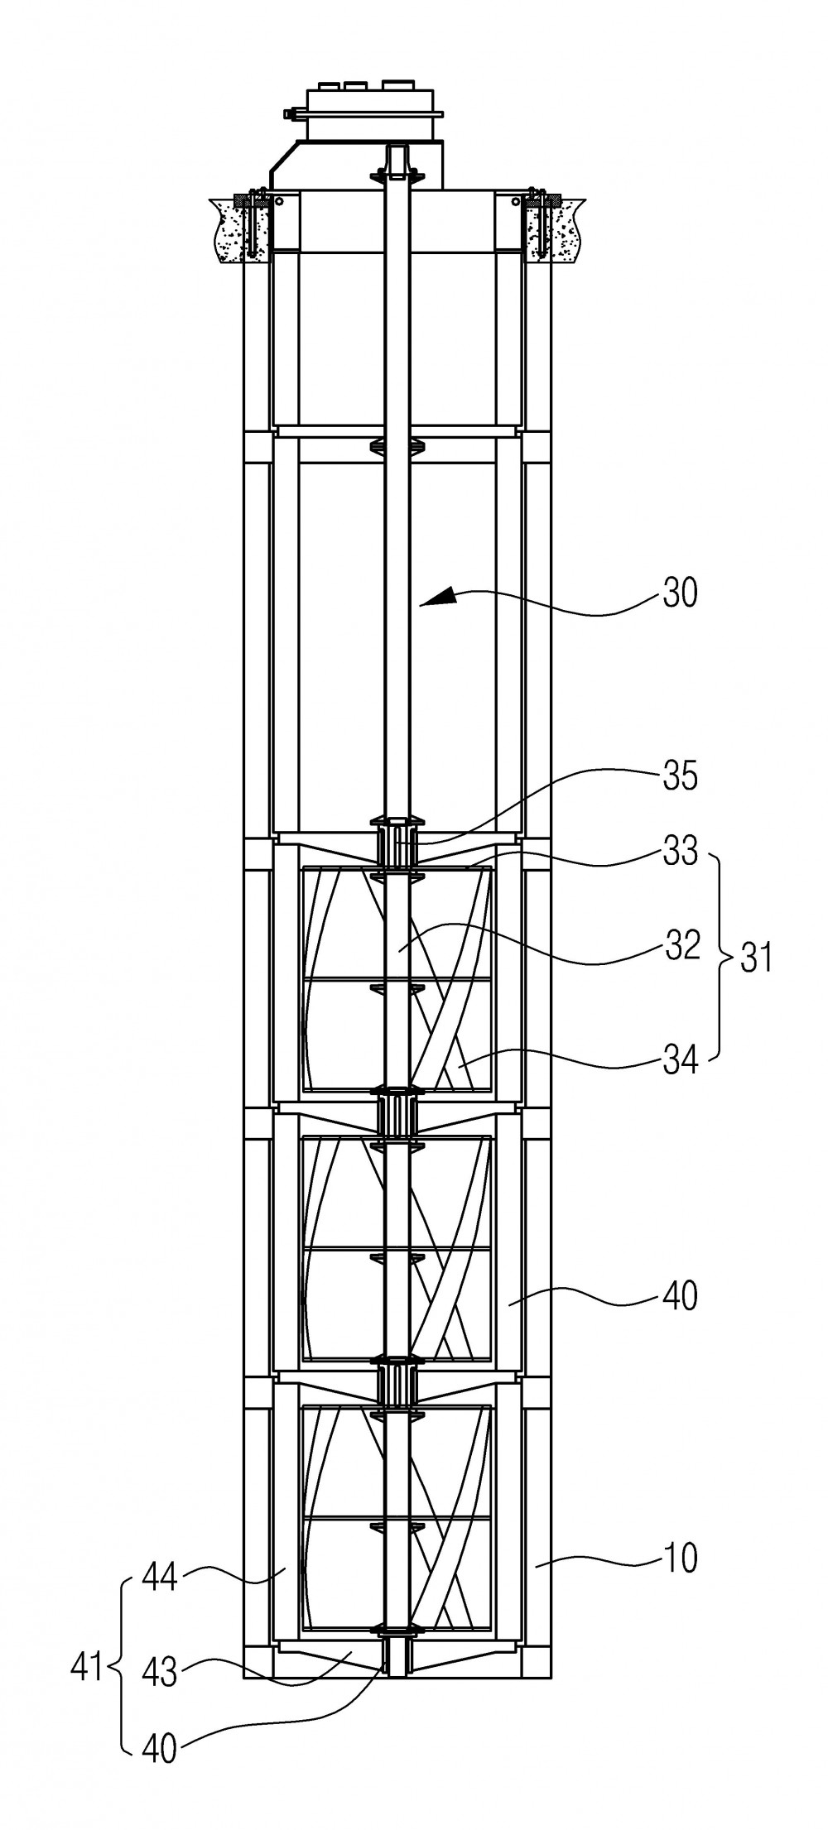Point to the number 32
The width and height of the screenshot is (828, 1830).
(682, 944)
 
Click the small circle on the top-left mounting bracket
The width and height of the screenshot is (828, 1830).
(280, 201)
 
